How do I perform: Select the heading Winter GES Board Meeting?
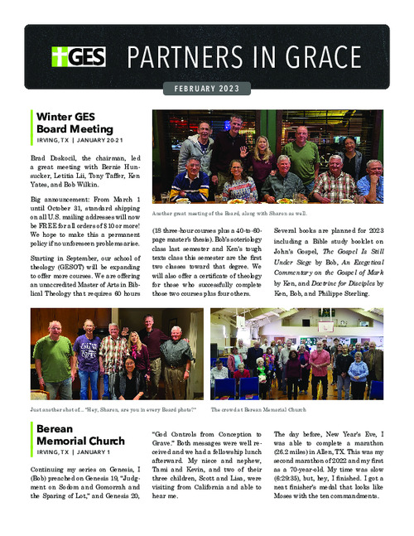74,123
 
